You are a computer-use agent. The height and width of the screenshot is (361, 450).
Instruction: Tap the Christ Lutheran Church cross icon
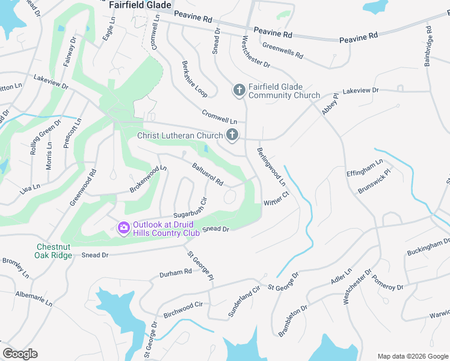232,135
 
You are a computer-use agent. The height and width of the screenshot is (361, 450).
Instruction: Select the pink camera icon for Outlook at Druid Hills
124,227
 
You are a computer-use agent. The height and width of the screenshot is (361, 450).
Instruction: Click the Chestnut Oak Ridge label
54,251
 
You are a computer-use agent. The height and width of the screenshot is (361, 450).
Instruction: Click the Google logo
20,354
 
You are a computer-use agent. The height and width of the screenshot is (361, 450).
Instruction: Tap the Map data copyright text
412,356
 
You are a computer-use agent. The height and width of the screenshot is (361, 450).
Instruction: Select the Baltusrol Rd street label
208,173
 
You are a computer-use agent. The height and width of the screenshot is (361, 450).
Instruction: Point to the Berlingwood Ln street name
271,166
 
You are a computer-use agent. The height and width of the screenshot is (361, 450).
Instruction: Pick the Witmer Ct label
277,198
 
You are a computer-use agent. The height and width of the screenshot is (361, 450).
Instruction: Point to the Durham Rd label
175,273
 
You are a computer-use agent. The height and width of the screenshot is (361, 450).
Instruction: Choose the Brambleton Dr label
293,320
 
